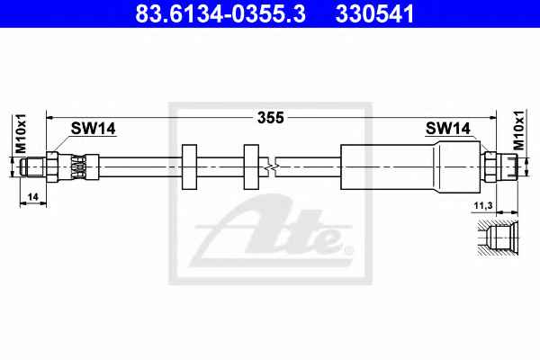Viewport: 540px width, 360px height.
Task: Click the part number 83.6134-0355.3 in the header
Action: [x=220, y=13]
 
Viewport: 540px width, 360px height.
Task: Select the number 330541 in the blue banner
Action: [x=374, y=13]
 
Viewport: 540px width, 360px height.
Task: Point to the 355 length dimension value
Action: [x=271, y=118]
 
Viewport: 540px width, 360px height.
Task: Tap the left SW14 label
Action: [x=93, y=129]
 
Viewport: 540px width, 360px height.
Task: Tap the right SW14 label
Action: [x=447, y=129]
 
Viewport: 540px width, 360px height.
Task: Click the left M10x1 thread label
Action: [x=21, y=134]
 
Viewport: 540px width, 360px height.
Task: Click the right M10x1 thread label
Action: [x=518, y=130]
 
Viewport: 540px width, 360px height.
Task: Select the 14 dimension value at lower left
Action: [x=32, y=197]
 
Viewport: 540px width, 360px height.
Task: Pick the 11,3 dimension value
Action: [x=483, y=206]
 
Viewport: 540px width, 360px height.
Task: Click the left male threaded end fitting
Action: [x=33, y=167]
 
